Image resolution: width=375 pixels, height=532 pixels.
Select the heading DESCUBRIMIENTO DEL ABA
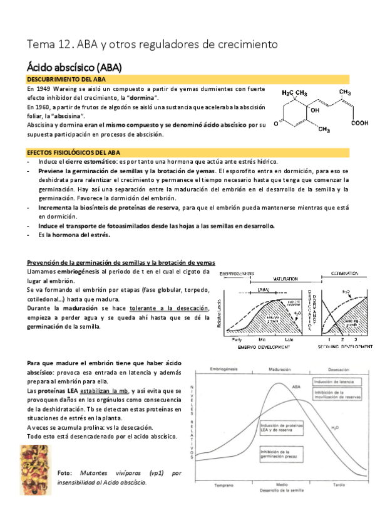pyautogui.click(x=66, y=80)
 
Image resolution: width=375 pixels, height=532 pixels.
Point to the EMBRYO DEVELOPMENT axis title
pyautogui.click(x=263, y=346)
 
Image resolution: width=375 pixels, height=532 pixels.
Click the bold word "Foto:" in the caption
pyautogui.click(x=65, y=472)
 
